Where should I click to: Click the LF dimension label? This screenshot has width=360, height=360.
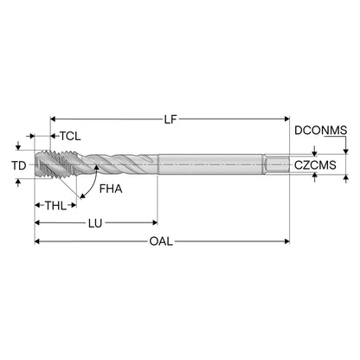point(170,119)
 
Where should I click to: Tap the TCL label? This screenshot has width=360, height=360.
point(70,136)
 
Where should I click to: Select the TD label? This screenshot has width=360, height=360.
point(19,165)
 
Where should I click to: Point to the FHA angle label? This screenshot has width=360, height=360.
point(111,189)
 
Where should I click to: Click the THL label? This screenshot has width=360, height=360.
point(56,206)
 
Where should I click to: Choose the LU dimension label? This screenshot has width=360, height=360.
point(95,223)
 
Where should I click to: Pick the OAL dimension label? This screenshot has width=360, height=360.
point(161,241)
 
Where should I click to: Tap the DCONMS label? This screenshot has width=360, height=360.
point(320,131)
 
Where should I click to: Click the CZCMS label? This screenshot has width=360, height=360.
point(315,165)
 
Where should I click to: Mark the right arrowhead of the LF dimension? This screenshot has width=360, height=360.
point(287,119)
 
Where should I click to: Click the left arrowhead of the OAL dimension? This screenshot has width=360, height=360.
point(37,241)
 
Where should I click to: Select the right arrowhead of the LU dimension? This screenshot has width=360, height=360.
point(155,222)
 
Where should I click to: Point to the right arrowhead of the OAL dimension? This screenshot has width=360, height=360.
point(287,241)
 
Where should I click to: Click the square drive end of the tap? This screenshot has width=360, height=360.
point(277,164)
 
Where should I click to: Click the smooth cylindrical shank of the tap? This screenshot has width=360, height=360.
point(211,164)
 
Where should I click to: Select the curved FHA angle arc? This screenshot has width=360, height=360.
point(92,183)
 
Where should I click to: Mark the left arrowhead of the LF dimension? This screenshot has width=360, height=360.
point(53,119)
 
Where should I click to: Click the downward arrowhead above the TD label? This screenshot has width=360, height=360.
point(18,147)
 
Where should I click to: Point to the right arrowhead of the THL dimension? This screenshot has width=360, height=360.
point(74,205)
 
